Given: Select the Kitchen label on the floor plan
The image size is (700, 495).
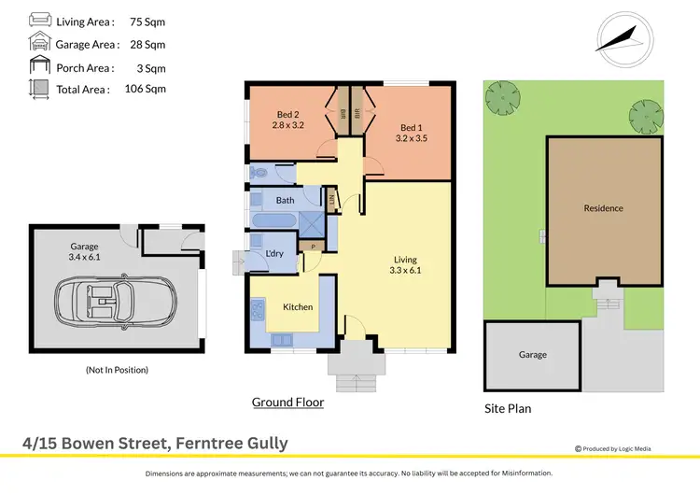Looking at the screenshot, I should pos(298,307).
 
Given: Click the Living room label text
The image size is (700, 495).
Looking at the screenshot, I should pos(404,260).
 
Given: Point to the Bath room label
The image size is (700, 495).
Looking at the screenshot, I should pos(285,200).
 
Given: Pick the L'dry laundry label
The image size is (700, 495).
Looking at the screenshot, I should pos(274,253).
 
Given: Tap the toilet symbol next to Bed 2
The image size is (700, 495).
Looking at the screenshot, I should pos(259,173).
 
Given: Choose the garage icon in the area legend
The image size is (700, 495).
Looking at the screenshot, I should pos(40,43).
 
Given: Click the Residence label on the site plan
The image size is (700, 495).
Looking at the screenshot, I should pos(603,208).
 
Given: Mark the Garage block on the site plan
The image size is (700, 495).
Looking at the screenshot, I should pos(533,355).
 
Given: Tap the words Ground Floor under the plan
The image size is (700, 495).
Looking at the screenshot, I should pos(287,403).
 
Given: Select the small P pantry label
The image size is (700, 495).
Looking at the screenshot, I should pos(313,247).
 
